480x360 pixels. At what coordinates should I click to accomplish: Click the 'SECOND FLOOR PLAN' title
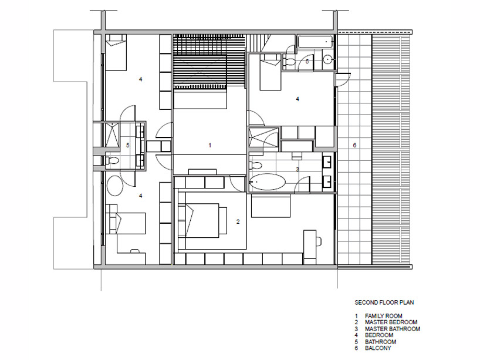[x=384, y=302]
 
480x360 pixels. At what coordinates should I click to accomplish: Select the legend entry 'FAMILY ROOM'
[x=384, y=316]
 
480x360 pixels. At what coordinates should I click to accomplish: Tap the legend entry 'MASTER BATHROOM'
[x=393, y=329]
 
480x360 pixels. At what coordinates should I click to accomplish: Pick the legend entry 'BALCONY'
[x=378, y=348]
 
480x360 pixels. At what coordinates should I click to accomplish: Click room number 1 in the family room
[x=209, y=145]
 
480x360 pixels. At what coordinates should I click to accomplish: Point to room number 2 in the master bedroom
[x=238, y=222]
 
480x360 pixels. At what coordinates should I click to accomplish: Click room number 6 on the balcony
[x=354, y=145]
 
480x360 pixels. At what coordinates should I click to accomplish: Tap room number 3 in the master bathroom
[x=298, y=169]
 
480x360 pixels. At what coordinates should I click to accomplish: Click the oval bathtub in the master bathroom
[x=267, y=181]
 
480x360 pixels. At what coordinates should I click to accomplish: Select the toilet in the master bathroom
[x=255, y=166]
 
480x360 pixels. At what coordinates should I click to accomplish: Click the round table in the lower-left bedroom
[x=115, y=186]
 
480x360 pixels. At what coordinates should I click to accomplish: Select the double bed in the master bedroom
[x=202, y=221]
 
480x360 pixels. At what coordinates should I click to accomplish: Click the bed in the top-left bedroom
[x=116, y=52]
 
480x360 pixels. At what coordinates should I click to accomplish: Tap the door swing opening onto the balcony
[x=343, y=80]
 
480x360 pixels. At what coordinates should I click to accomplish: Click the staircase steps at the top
[x=209, y=61]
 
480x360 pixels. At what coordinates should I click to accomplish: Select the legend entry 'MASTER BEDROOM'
[x=391, y=322]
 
